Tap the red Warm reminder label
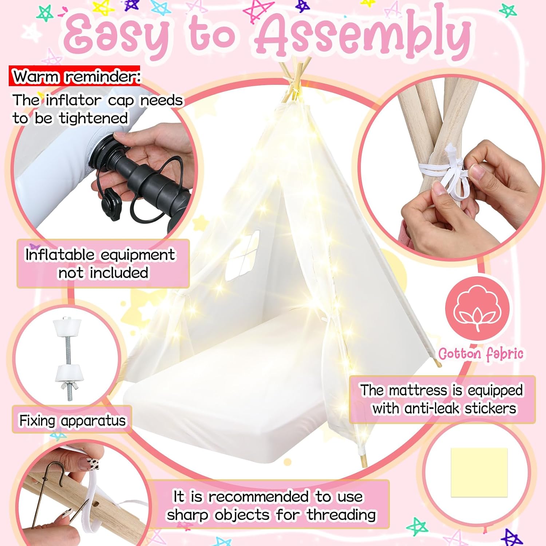pos(75,76)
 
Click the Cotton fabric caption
pos(481,354)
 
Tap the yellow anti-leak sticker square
pos(479,472)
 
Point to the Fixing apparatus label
pos(72,420)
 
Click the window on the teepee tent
pos(242,256)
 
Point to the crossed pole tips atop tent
pos(296,75)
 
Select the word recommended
pos(259,496)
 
